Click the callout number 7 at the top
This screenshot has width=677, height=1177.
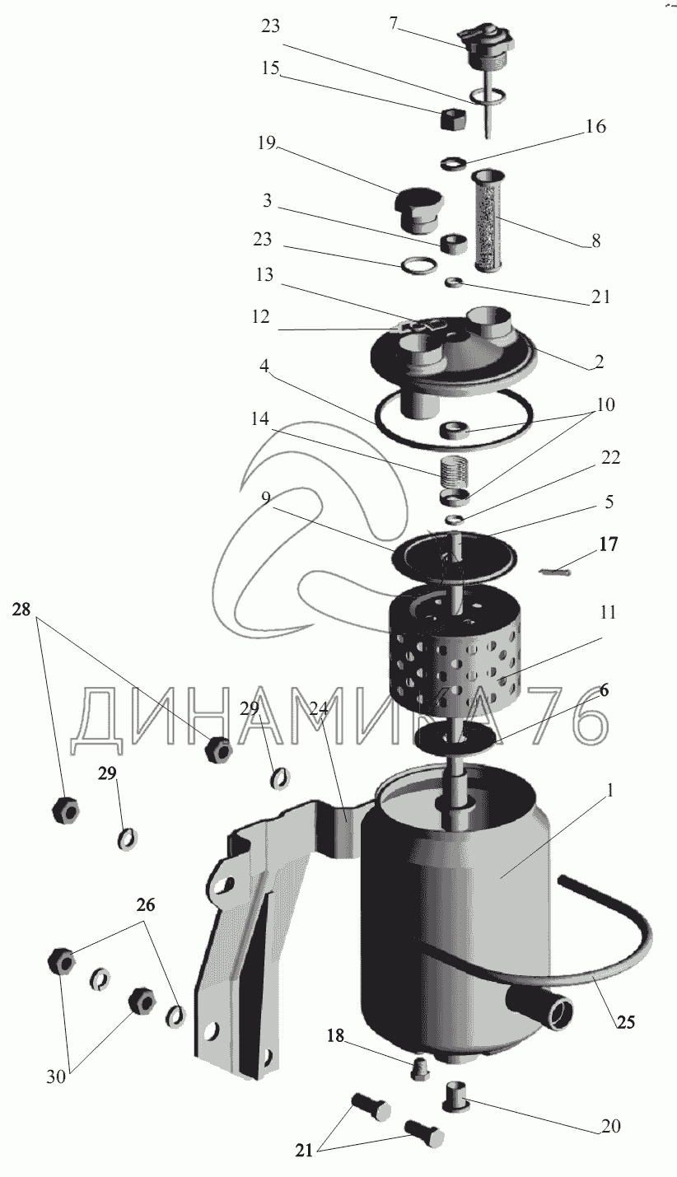tap(393, 22)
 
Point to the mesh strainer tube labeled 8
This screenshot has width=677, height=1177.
tap(488, 220)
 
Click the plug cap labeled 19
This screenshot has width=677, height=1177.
tap(418, 210)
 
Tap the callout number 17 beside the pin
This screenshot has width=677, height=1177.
tap(608, 544)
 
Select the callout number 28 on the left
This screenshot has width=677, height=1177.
tap(21, 610)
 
